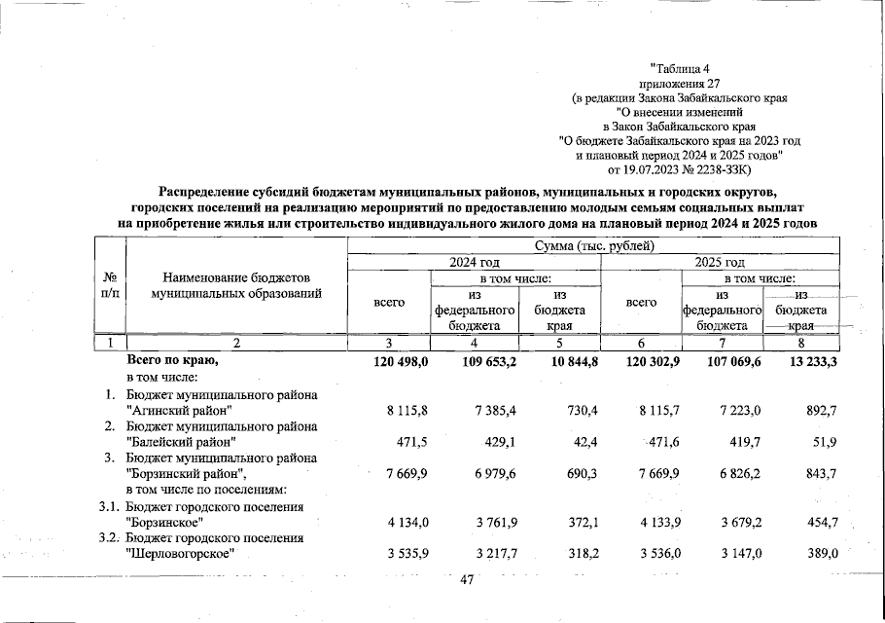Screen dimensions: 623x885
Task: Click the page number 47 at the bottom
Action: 465,580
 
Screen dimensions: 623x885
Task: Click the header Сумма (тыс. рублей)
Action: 596,245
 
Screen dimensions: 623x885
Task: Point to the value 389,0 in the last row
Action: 816,555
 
